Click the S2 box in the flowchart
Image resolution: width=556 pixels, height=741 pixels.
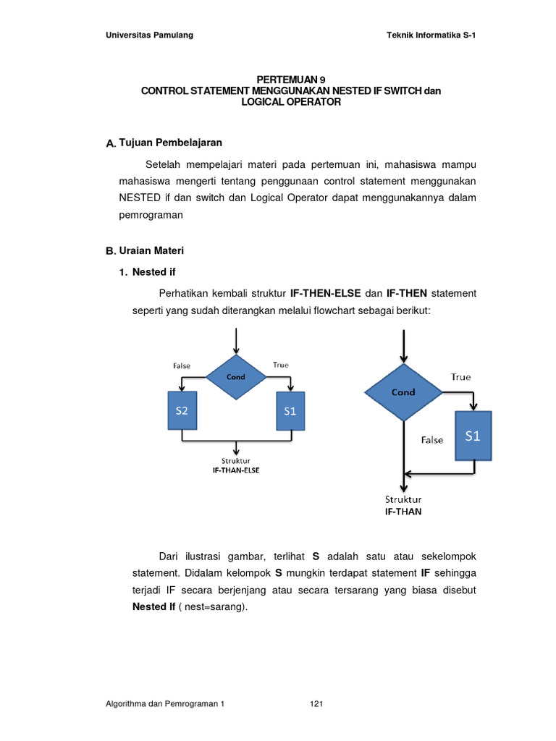pyautogui.click(x=182, y=410)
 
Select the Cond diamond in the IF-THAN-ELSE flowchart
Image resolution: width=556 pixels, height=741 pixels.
pyautogui.click(x=236, y=377)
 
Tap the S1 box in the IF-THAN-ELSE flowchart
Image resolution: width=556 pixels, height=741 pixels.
pyautogui.click(x=290, y=410)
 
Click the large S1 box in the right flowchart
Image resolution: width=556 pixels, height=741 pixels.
pyautogui.click(x=473, y=436)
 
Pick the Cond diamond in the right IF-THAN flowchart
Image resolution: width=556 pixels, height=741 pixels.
pyautogui.click(x=403, y=392)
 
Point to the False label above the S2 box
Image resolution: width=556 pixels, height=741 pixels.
pyautogui.click(x=182, y=365)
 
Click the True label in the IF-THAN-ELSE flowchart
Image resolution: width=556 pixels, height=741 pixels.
pyautogui.click(x=280, y=365)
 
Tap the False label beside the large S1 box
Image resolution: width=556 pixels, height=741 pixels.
pyautogui.click(x=432, y=440)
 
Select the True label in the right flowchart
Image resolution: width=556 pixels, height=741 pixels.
pyautogui.click(x=460, y=377)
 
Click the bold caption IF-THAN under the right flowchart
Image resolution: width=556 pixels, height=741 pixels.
pyautogui.click(x=403, y=511)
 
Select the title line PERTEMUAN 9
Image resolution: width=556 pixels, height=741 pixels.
pyautogui.click(x=290, y=80)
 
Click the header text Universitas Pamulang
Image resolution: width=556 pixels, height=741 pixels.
pyautogui.click(x=149, y=35)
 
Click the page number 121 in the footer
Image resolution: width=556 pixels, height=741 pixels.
pyautogui.click(x=316, y=703)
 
